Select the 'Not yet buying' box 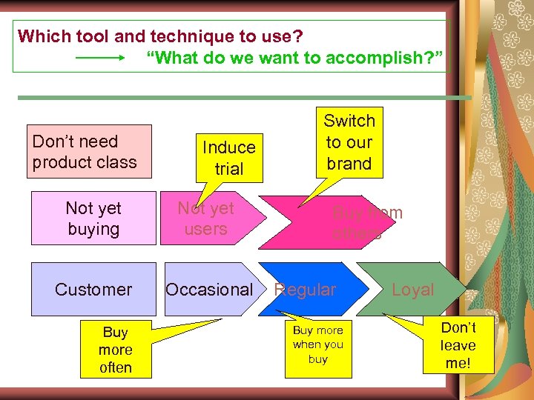[93, 219]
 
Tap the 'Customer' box [93, 290]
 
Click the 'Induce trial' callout [228, 157]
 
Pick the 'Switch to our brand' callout [349, 142]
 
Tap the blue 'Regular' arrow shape [311, 290]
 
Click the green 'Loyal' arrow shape [415, 290]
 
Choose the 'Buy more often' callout [116, 350]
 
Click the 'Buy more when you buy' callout [317, 345]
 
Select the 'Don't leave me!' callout [458, 345]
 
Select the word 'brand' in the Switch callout [349, 164]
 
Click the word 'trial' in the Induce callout [228, 168]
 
